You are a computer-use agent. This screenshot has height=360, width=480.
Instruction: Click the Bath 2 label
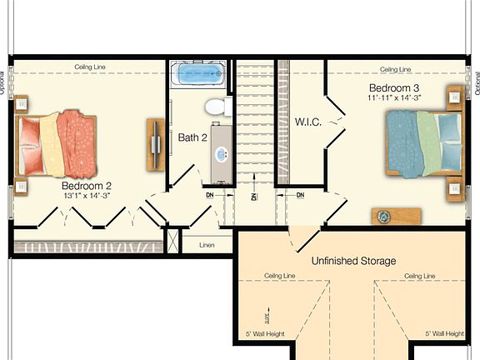tap(192, 137)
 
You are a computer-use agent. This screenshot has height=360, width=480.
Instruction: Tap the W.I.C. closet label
tap(307, 122)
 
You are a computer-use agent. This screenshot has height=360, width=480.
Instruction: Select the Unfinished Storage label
tap(354, 261)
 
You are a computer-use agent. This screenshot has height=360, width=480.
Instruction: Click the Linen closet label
tap(207, 245)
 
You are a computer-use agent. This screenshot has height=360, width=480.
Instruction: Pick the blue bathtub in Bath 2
tap(199, 75)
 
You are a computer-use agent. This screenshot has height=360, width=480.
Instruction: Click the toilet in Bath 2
tap(216, 106)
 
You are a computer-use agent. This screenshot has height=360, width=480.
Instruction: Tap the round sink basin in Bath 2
tap(222, 153)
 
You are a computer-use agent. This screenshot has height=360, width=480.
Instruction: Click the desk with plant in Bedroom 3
tap(396, 217)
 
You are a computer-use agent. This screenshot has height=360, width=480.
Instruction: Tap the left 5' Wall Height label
tap(265, 333)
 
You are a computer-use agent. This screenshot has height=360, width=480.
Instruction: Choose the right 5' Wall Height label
tap(444, 333)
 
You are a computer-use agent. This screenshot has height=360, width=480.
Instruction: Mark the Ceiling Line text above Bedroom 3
tap(395, 69)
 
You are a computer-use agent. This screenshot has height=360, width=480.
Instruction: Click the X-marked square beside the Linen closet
tap(172, 241)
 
